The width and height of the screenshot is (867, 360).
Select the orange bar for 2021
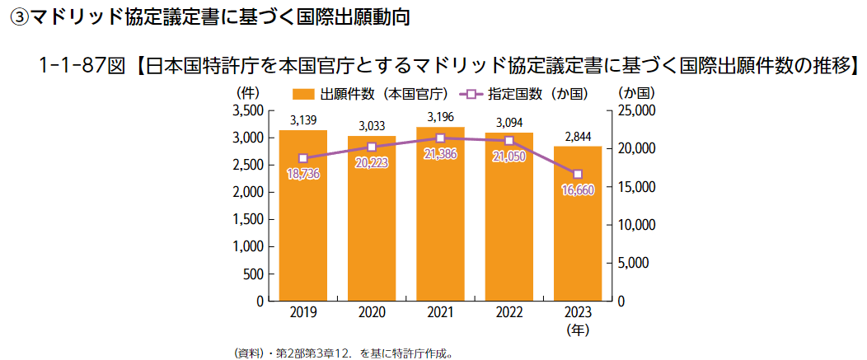click(440, 214)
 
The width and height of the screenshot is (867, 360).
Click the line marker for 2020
click(372, 147)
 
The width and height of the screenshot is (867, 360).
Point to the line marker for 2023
click(578, 174)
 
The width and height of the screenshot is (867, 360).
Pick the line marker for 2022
click(509, 141)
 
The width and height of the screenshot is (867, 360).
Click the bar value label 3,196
click(440, 116)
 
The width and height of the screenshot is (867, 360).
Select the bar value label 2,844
click(578, 135)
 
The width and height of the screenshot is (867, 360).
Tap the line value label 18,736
click(302, 173)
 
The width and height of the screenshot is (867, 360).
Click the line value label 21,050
click(509, 157)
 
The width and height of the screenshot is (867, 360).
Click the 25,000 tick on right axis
click(635, 110)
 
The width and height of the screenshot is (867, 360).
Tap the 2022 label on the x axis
click(509, 314)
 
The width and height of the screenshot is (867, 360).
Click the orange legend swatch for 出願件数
click(302, 94)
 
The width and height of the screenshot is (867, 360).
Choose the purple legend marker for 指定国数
click(472, 94)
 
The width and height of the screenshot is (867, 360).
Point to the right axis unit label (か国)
click(635, 92)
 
